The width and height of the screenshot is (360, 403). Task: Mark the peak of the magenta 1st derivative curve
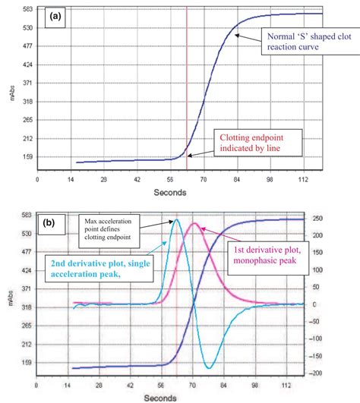click(x=194, y=223)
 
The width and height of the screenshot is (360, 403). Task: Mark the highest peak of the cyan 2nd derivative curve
click(x=177, y=219)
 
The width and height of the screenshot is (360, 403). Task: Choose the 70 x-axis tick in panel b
click(x=202, y=387)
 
